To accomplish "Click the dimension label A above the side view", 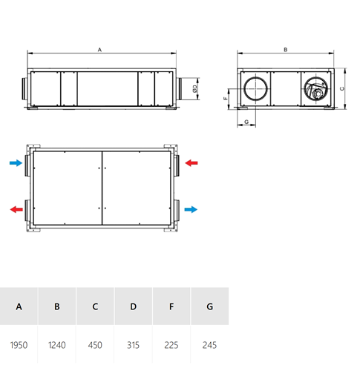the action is (x=99, y=50).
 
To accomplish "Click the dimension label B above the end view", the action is (x=286, y=50).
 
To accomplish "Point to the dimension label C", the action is (x=342, y=88).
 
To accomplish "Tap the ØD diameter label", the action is (x=195, y=88).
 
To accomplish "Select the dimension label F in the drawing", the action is (x=225, y=99).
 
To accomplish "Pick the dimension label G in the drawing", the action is (x=246, y=122).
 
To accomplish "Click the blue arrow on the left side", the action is (x=16, y=162).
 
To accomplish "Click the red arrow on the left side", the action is (x=16, y=209).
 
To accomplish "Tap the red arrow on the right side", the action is (x=192, y=162).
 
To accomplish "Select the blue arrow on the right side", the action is (x=191, y=209).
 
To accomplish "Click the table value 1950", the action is (x=19, y=345).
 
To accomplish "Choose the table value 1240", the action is (x=57, y=345).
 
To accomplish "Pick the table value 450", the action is (x=95, y=345).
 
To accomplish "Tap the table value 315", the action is (x=133, y=345).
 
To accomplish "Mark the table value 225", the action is (x=171, y=345).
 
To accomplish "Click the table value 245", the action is (x=209, y=345).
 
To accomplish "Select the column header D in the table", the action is (x=133, y=306).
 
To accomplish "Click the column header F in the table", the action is (x=171, y=306).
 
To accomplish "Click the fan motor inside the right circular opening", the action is (x=316, y=93).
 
